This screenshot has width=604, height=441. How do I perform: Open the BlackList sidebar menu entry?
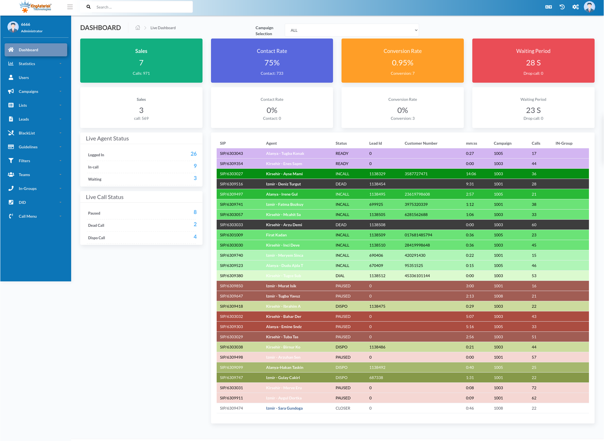(27, 133)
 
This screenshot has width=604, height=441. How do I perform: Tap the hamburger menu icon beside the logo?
(70, 7)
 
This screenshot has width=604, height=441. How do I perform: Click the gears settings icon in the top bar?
(575, 7)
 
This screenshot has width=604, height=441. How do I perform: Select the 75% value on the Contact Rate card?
(272, 63)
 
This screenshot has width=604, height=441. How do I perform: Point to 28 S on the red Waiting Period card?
(533, 63)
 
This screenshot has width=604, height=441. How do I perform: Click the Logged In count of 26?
(193, 154)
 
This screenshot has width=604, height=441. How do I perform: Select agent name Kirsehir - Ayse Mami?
(284, 174)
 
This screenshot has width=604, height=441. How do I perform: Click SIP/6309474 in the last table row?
(231, 408)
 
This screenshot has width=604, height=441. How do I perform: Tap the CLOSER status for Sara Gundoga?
(343, 408)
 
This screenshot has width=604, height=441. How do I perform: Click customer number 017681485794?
(418, 235)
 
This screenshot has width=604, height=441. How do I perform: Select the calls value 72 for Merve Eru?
(534, 388)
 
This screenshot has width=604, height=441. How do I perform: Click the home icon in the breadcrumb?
(138, 28)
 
